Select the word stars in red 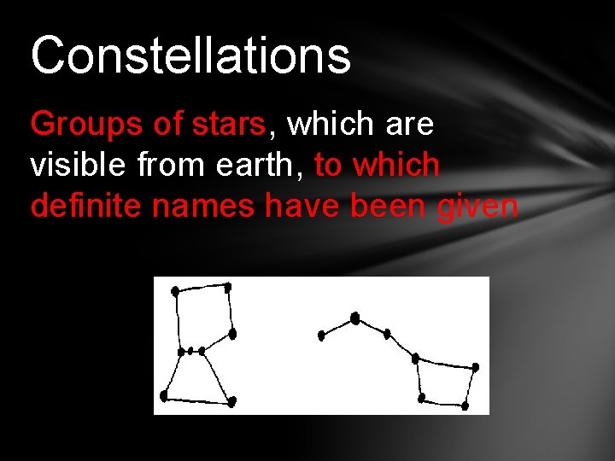tap(231, 125)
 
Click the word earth tap(260, 165)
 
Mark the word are tap(410, 125)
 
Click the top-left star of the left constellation tap(175, 291)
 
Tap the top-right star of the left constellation tap(227, 286)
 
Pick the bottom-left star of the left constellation tap(164, 396)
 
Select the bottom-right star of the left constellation tap(231, 400)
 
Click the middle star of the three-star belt tap(191, 351)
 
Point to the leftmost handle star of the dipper tap(321, 336)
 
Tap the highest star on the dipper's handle tap(355, 318)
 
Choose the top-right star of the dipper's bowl tap(475, 367)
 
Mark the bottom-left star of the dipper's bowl tap(421, 398)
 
